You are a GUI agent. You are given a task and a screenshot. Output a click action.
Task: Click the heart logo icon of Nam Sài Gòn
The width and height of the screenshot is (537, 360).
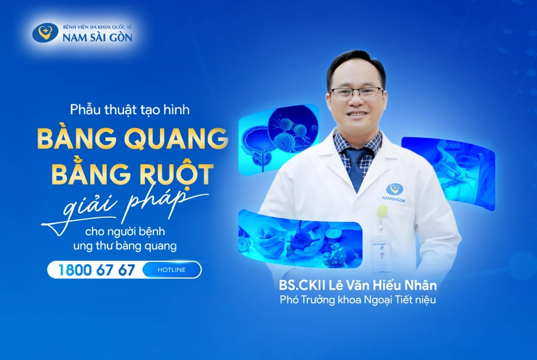(x=45, y=32)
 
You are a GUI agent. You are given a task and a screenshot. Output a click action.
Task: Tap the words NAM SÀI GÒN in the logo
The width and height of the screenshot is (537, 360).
(x=98, y=38)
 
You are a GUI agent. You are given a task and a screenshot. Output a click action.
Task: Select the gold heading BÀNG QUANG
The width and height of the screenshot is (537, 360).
(x=132, y=139)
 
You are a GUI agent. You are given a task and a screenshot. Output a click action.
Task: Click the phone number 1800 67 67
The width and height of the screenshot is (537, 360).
(x=97, y=270)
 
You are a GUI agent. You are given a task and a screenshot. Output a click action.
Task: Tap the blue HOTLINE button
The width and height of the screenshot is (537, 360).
(x=171, y=270)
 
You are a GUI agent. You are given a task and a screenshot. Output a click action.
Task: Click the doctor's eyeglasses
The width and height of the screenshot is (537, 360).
(x=357, y=93)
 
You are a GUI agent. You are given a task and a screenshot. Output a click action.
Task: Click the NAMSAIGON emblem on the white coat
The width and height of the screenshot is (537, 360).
(x=395, y=191)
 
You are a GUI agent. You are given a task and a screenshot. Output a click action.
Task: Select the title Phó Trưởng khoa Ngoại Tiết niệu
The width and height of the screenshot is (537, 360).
(x=358, y=300)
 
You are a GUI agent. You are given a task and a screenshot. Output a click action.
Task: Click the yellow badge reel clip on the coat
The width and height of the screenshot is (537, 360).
(x=381, y=211)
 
